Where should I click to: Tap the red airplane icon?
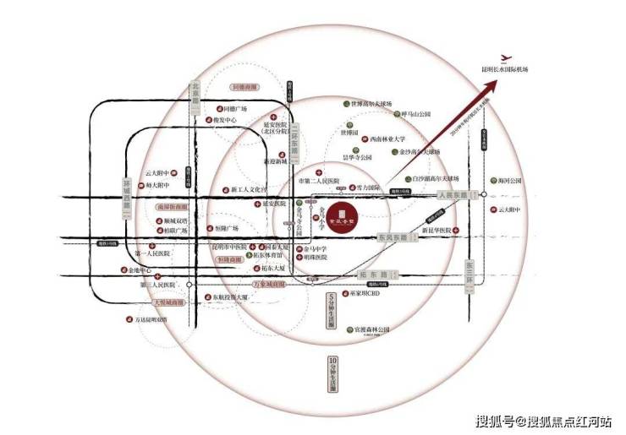[x=507, y=57]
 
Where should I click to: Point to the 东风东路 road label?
[x=395, y=237]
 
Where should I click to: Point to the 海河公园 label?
[x=508, y=181]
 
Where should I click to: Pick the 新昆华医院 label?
[x=439, y=231]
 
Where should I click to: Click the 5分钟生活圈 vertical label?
[x=333, y=310]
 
